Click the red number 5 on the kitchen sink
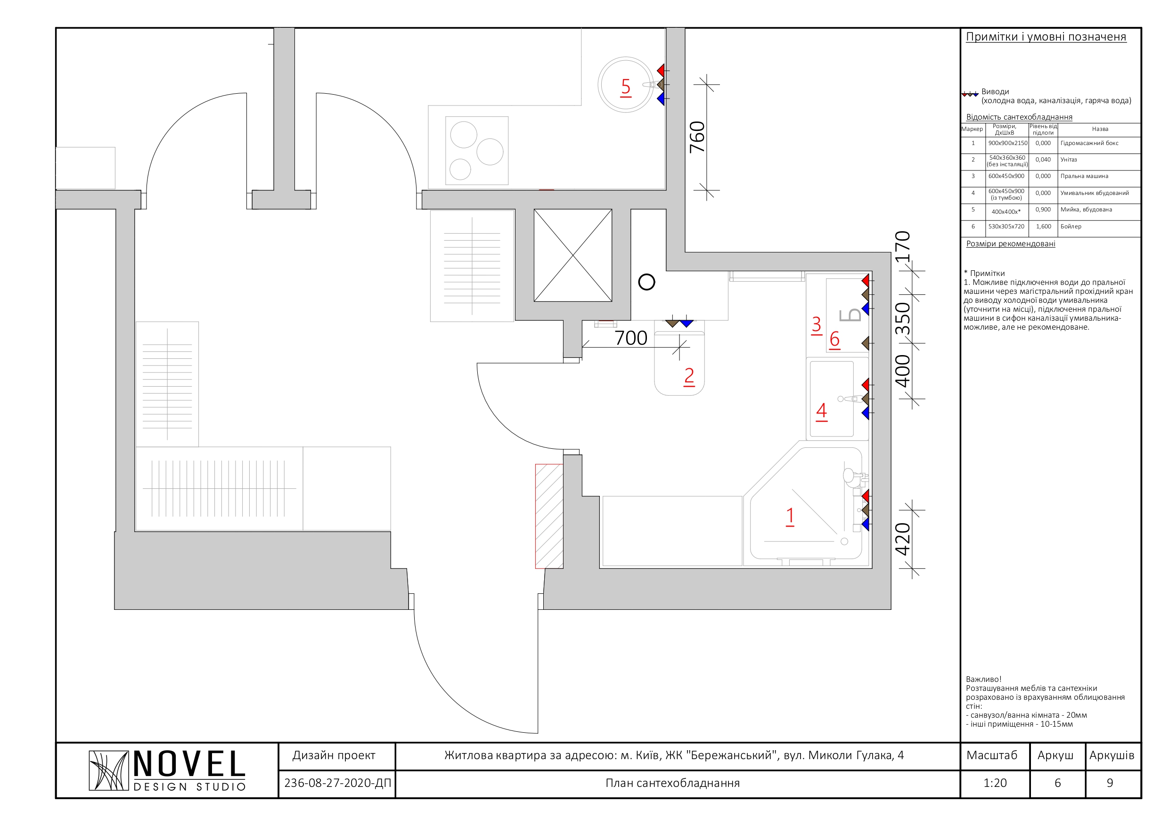click(626, 87)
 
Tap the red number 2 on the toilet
click(689, 376)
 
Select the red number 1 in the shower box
click(790, 516)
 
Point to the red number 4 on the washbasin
click(822, 411)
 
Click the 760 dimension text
click(697, 137)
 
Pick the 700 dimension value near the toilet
click(631, 338)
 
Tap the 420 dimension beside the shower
click(903, 539)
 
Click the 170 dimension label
click(903, 247)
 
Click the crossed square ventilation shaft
click(573, 256)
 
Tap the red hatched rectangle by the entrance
click(549, 516)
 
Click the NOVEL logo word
click(189, 764)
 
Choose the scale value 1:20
click(995, 783)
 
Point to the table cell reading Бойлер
click(1071, 227)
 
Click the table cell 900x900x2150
click(1007, 143)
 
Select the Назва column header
click(1100, 130)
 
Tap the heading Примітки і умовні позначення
click(1046, 37)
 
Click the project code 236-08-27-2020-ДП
click(337, 783)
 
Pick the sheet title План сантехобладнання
click(672, 783)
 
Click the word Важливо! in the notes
click(983, 680)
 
